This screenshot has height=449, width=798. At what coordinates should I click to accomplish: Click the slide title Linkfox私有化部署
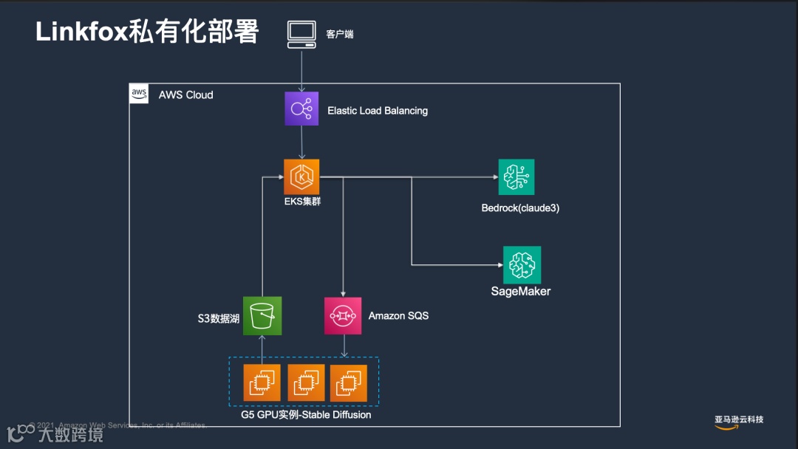pos(147,32)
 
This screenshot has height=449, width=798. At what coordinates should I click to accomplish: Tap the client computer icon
pos(301,35)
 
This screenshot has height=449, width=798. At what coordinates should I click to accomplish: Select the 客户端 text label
pos(340,34)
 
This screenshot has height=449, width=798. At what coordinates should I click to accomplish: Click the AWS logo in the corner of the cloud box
pos(139,94)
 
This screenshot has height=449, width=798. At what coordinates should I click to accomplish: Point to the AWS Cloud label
pos(185,95)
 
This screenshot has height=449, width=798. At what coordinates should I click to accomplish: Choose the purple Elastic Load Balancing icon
pos(301,109)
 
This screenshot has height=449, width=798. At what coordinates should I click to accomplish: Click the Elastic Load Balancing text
pos(378,111)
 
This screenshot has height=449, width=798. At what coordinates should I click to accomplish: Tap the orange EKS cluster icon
pos(301,176)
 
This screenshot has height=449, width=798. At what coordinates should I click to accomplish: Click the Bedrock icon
pos(516,176)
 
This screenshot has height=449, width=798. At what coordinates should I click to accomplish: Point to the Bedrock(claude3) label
pos(520,208)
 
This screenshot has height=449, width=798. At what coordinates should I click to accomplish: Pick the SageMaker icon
pos(522,264)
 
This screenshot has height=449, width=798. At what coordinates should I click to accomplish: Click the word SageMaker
pos(521,291)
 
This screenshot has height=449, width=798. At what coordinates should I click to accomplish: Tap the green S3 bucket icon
pos(262,316)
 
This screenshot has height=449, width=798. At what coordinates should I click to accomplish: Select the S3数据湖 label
pos(218,319)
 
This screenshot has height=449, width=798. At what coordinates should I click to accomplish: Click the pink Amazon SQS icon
pos(343,316)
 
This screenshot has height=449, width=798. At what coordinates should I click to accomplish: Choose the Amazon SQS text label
pos(398,315)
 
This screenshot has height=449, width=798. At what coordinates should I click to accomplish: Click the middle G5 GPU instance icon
pos(305,383)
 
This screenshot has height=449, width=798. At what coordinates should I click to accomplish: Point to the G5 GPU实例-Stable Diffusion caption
pos(306,415)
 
